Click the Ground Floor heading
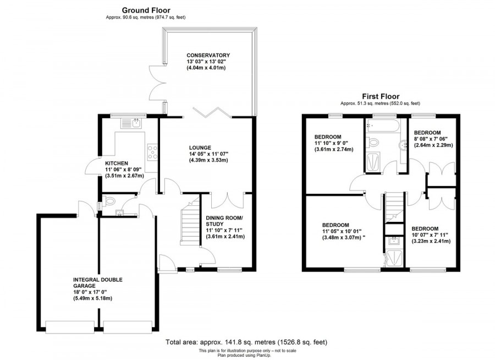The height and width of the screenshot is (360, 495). [x=146, y=10]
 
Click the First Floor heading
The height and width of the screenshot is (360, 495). [x=380, y=96]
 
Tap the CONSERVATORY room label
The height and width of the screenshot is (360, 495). [x=207, y=56]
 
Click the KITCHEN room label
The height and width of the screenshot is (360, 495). [x=117, y=163]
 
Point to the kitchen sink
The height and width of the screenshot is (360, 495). [x=133, y=123]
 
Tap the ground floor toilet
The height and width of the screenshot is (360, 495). [x=107, y=200]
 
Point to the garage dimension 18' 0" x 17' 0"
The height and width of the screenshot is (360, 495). [x=92, y=292]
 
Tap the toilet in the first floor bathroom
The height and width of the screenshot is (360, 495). [x=375, y=143]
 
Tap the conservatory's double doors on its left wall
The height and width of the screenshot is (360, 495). [x=157, y=83]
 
